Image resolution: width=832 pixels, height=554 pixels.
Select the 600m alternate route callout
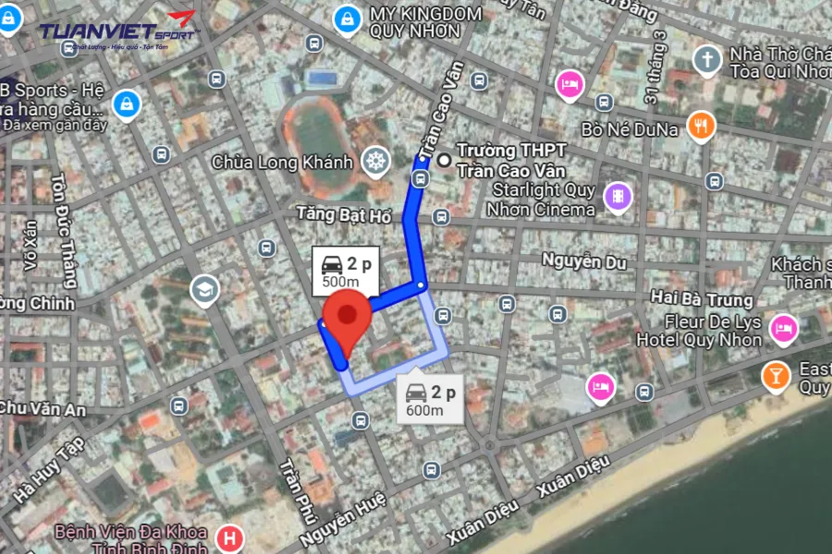point(430,400)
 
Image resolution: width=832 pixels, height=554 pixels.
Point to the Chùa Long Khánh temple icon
point(375,162)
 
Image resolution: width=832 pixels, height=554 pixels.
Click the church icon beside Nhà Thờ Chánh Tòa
point(708,60)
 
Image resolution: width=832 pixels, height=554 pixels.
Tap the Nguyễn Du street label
point(583,261)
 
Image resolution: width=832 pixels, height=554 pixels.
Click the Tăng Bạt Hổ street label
point(344,214)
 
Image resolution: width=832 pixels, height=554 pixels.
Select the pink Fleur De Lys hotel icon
point(784,328)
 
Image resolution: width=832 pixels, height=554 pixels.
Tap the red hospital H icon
point(228,537)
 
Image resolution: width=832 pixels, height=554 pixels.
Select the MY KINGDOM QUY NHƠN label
point(425,22)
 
